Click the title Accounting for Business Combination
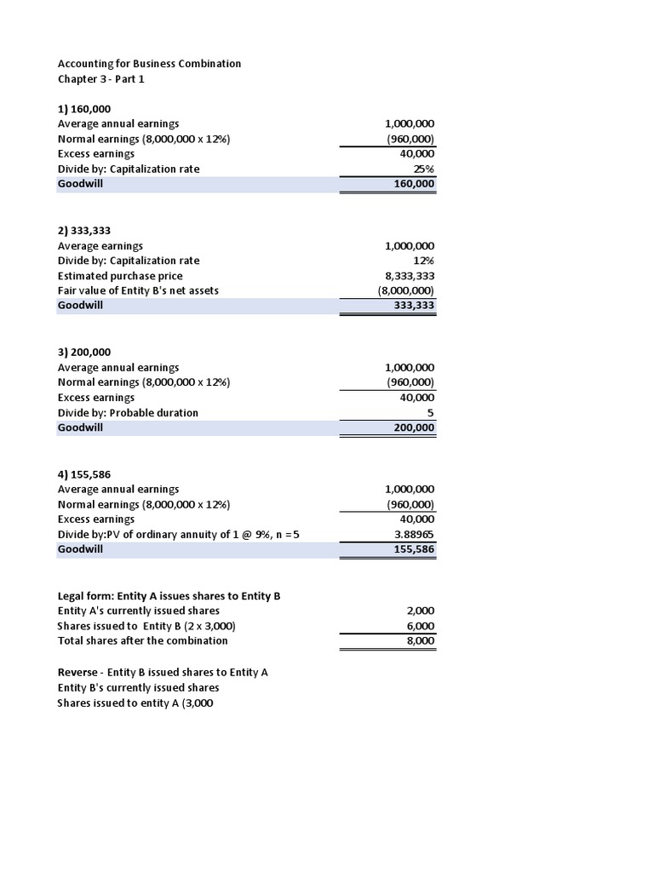click(x=149, y=64)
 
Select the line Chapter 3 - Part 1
click(x=106, y=78)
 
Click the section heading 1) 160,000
click(x=83, y=109)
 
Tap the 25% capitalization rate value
click(x=423, y=169)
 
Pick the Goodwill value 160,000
click(x=415, y=184)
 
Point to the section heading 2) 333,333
click(x=83, y=231)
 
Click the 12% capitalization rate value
click(x=423, y=261)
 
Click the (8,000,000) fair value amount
click(x=406, y=290)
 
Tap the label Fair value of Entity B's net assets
click(x=138, y=290)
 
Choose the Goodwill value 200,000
click(x=415, y=427)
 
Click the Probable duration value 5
click(x=431, y=413)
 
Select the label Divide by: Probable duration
click(x=128, y=413)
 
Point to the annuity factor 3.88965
click(x=412, y=535)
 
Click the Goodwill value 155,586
click(x=415, y=549)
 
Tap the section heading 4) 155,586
click(x=83, y=474)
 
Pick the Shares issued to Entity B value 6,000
click(x=420, y=626)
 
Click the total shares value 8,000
click(x=420, y=640)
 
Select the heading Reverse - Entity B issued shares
click(x=163, y=672)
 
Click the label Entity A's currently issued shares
click(x=138, y=611)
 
